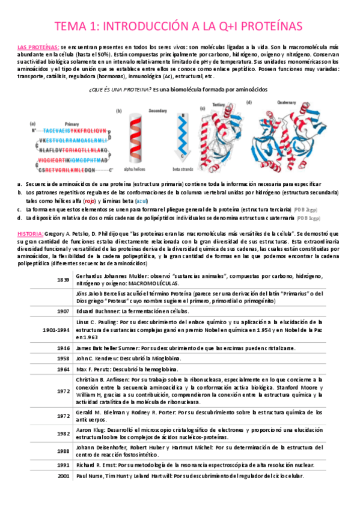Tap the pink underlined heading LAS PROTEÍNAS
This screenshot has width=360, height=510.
[x=38, y=47]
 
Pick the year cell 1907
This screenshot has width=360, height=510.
[x=64, y=312]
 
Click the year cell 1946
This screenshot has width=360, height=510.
[x=64, y=348]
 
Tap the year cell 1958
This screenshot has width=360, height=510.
[x=64, y=358]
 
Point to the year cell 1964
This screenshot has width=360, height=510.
[x=64, y=369]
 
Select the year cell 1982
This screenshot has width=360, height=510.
[x=64, y=433]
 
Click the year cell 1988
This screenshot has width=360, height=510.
[x=64, y=451]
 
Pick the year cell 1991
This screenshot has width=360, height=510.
[x=64, y=465]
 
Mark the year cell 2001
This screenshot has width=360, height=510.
[x=64, y=476]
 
